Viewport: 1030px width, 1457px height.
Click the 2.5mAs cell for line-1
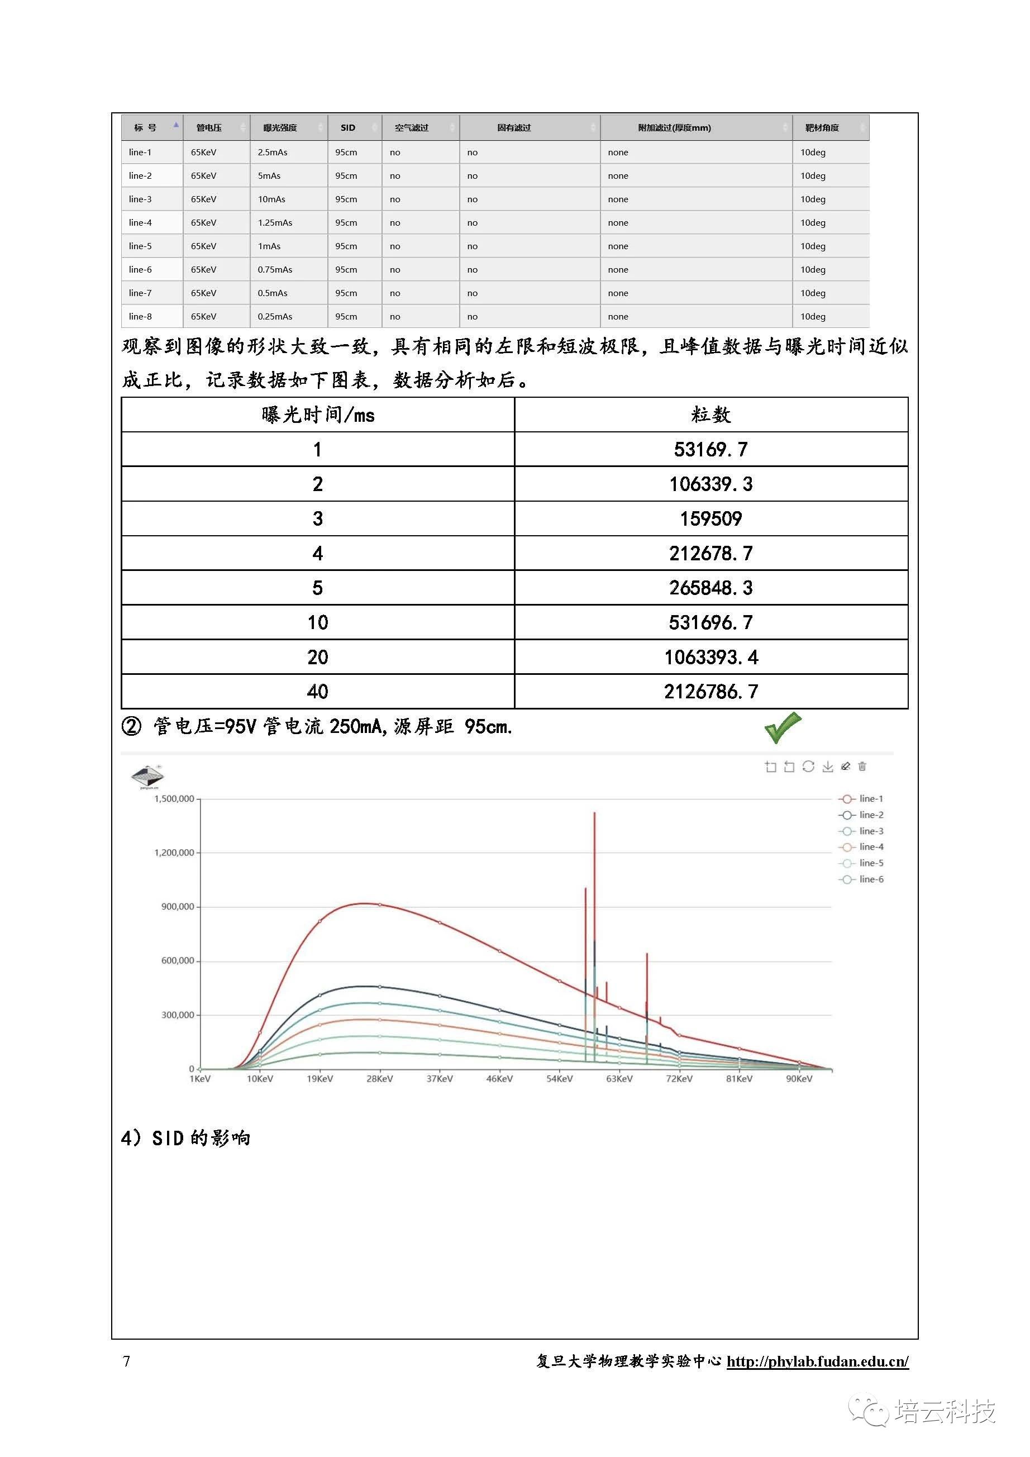click(x=273, y=153)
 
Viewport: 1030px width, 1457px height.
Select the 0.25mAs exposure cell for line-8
click(x=275, y=317)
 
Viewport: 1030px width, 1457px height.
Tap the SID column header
click(x=348, y=127)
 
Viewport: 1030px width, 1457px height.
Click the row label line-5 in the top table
click(x=140, y=246)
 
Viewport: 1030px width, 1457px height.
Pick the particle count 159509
click(x=711, y=519)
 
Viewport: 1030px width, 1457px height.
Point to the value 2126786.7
click(x=711, y=692)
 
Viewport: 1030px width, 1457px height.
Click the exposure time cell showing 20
click(x=317, y=658)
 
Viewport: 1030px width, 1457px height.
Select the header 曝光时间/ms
click(x=317, y=415)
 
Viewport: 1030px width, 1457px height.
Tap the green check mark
click(x=783, y=727)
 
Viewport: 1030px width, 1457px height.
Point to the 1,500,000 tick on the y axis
click(x=174, y=799)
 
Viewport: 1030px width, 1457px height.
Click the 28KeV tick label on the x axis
click(x=379, y=1079)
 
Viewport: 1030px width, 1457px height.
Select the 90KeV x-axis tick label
click(x=799, y=1079)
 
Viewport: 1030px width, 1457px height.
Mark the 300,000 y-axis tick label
click(x=177, y=1015)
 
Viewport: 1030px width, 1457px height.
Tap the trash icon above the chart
click(x=862, y=766)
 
